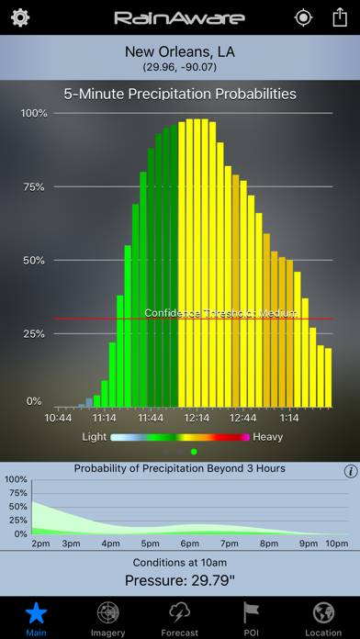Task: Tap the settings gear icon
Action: tap(20, 17)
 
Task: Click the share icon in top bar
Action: tap(340, 17)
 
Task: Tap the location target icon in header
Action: tap(302, 17)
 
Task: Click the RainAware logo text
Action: tap(179, 18)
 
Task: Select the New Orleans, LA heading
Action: tap(180, 52)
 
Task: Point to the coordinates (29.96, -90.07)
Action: tap(180, 68)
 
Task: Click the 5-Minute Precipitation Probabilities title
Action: tap(180, 94)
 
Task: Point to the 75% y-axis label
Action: tap(33, 186)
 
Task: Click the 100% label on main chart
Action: tap(33, 113)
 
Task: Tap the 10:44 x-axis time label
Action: tap(59, 418)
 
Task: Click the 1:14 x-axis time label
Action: tap(289, 418)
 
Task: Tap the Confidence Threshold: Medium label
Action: tap(220, 313)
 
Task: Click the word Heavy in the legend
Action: tap(268, 437)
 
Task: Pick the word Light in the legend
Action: tap(95, 437)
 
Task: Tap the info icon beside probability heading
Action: tap(350, 471)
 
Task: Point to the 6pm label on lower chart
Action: tap(190, 544)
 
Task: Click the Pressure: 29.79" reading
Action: tap(180, 579)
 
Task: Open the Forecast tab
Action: tap(180, 618)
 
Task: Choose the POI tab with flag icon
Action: tap(252, 618)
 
